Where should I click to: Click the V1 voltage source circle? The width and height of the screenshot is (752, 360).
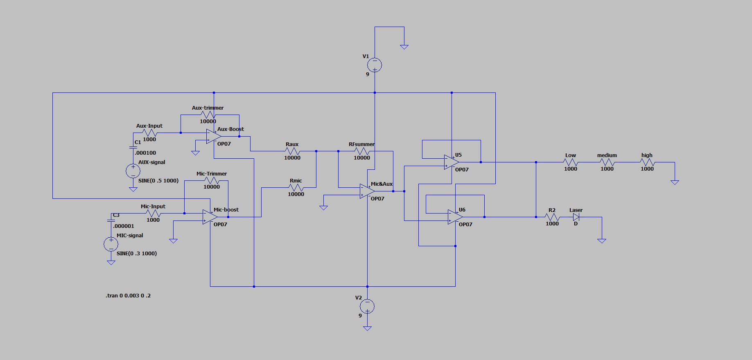375,65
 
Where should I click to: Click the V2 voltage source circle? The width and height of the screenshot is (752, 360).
367,306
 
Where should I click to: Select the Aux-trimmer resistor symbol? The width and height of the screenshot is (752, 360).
208,115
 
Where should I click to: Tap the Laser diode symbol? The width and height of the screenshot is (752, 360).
576,217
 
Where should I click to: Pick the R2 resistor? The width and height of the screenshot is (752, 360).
552,217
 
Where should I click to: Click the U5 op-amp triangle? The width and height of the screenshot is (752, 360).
451,162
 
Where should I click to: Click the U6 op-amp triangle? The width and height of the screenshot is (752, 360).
455,217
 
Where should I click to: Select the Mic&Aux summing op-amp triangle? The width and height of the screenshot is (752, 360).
367,191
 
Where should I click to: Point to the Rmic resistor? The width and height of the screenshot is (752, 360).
296,188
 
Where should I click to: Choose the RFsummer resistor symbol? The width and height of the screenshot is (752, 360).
362,151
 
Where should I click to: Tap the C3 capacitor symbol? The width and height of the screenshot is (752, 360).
111,220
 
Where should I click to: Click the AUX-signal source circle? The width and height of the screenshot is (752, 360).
133,171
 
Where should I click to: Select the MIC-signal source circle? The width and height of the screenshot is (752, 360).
111,244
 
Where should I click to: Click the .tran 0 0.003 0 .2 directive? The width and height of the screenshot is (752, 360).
128,295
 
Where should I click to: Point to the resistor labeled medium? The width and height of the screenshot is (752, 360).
607,162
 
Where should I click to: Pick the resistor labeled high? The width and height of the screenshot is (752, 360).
647,162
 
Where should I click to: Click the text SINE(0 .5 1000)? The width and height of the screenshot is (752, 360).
158,180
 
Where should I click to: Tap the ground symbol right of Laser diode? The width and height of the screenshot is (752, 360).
601,241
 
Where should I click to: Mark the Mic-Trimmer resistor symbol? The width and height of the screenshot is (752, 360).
212,180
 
